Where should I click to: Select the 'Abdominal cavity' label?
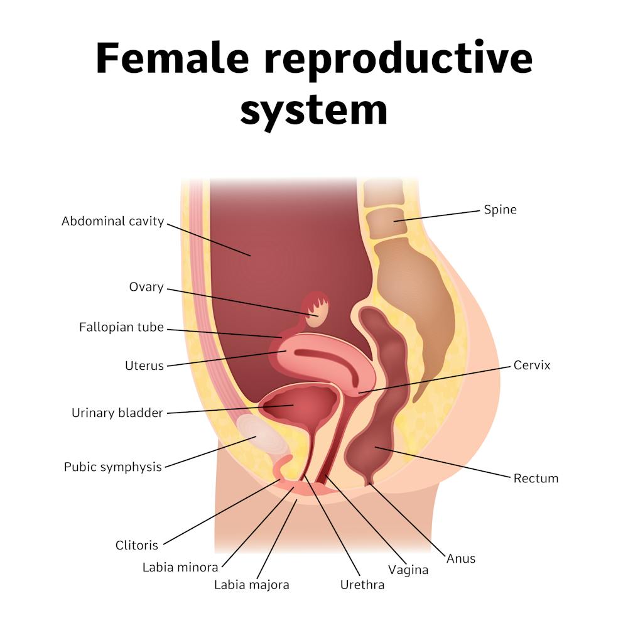pos(112,222)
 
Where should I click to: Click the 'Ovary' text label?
pos(146,288)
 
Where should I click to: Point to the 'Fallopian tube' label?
pos(121,328)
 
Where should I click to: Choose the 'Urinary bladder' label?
pos(117,413)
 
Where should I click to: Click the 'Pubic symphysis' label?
pos(112,467)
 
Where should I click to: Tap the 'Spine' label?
pos(500,210)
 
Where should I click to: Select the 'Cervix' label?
pos(531,365)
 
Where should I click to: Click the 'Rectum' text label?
pos(536,479)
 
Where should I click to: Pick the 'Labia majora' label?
pos(251,585)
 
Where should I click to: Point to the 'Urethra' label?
pos(362,585)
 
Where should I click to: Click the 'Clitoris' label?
pos(136,545)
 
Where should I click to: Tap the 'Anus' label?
pos(461,558)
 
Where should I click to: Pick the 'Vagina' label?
pos(408,570)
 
